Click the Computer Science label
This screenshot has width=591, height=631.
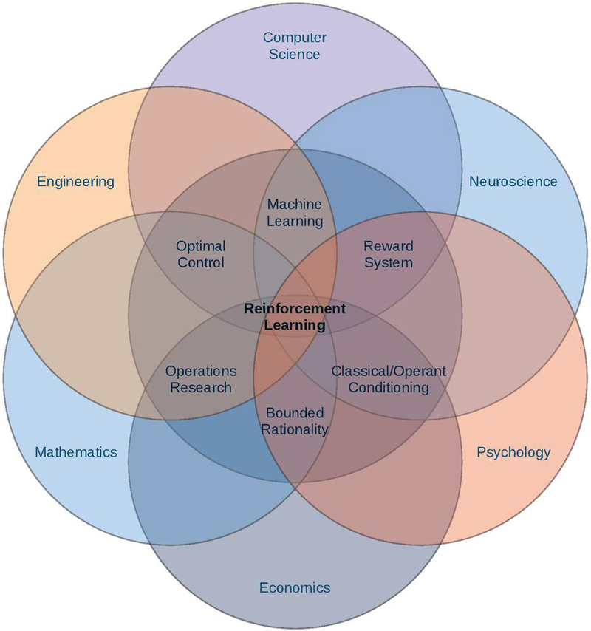[295, 45]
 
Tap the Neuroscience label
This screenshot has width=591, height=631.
[513, 181]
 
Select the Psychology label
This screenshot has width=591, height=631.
[513, 452]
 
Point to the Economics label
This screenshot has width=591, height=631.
[295, 588]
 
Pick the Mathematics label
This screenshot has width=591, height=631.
[76, 452]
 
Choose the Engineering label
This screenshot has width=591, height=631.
[76, 181]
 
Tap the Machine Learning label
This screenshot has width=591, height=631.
[295, 212]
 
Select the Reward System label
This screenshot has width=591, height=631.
[389, 253]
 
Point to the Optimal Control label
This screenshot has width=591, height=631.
[201, 253]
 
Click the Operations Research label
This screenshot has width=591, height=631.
[201, 379]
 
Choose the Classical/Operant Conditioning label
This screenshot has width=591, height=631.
[389, 379]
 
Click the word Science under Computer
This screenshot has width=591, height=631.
[295, 54]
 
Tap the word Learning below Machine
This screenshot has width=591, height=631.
[295, 221]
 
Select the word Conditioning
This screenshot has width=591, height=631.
[389, 388]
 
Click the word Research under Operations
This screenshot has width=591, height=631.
[201, 388]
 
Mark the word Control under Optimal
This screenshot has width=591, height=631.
[201, 262]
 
